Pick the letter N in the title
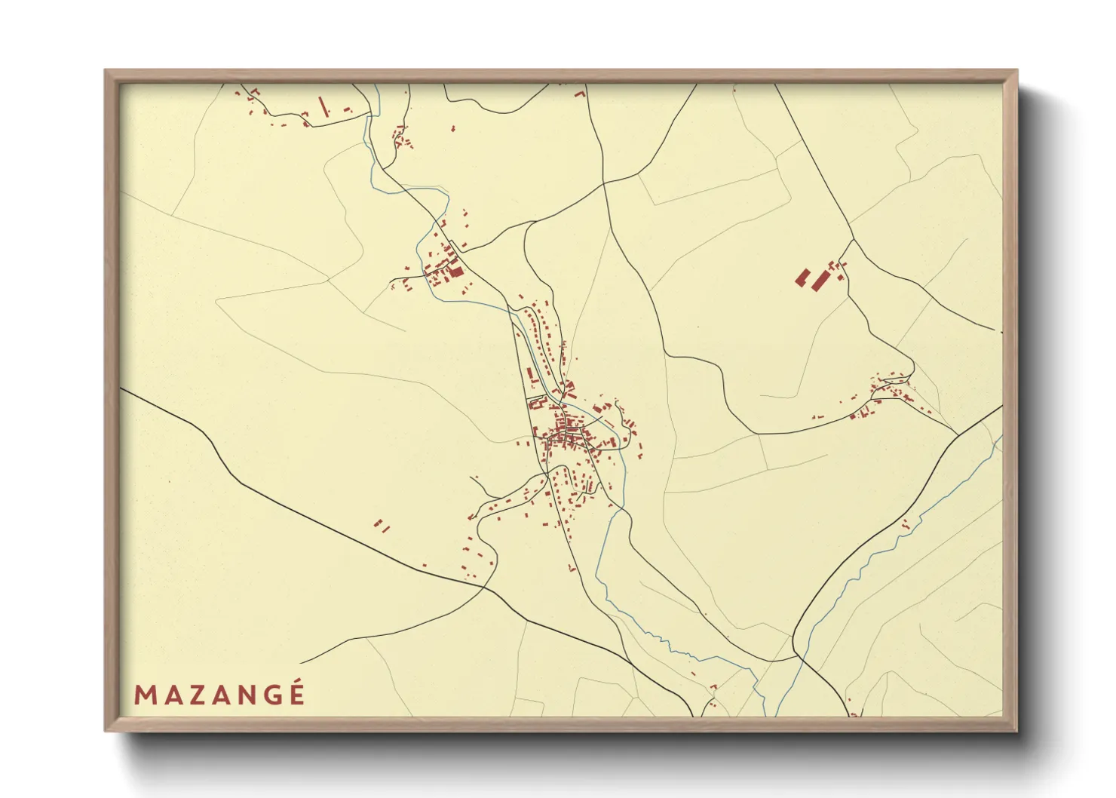[x=246, y=695]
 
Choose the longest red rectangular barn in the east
[x=820, y=281]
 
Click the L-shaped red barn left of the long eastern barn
[x=802, y=278]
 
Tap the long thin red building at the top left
[x=324, y=106]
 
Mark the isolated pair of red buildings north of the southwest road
[x=382, y=525]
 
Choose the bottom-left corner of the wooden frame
[x=106, y=730]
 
